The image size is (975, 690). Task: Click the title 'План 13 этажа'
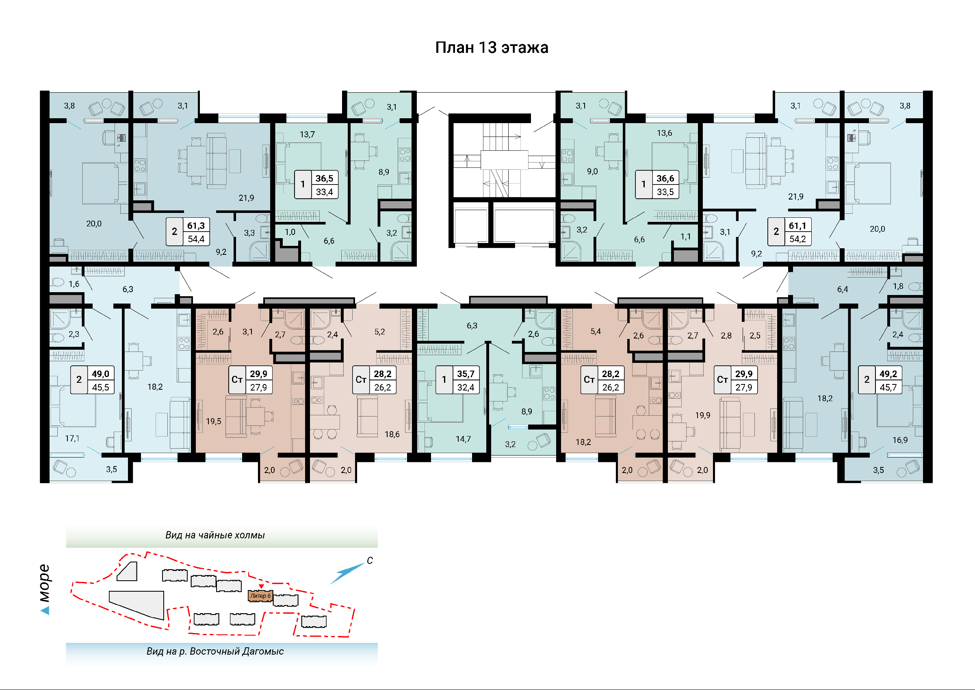pos(492,48)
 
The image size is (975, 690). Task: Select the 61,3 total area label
pos(196,226)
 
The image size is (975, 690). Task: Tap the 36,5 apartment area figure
pos(324,178)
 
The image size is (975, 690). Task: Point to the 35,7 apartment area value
pos(466,374)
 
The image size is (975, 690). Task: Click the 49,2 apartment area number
pos(888,374)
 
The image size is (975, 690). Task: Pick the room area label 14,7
pos(463,439)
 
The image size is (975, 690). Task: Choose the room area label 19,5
pos(213,421)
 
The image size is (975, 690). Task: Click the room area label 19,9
pos(702,415)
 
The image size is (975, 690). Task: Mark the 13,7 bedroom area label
pos(307,135)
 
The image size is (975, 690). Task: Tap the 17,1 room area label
pos(72,438)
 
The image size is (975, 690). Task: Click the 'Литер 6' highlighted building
pos(260,596)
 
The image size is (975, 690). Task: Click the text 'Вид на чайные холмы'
pos(215,535)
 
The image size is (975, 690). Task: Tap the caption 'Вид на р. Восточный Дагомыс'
pos(215,651)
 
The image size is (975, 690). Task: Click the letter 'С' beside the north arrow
pos(370,560)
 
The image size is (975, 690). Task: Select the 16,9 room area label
pos(900,440)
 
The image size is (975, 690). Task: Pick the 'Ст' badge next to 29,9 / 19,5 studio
pos(236,380)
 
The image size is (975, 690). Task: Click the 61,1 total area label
pos(797,226)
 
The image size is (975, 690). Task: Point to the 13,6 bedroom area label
pos(664,133)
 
